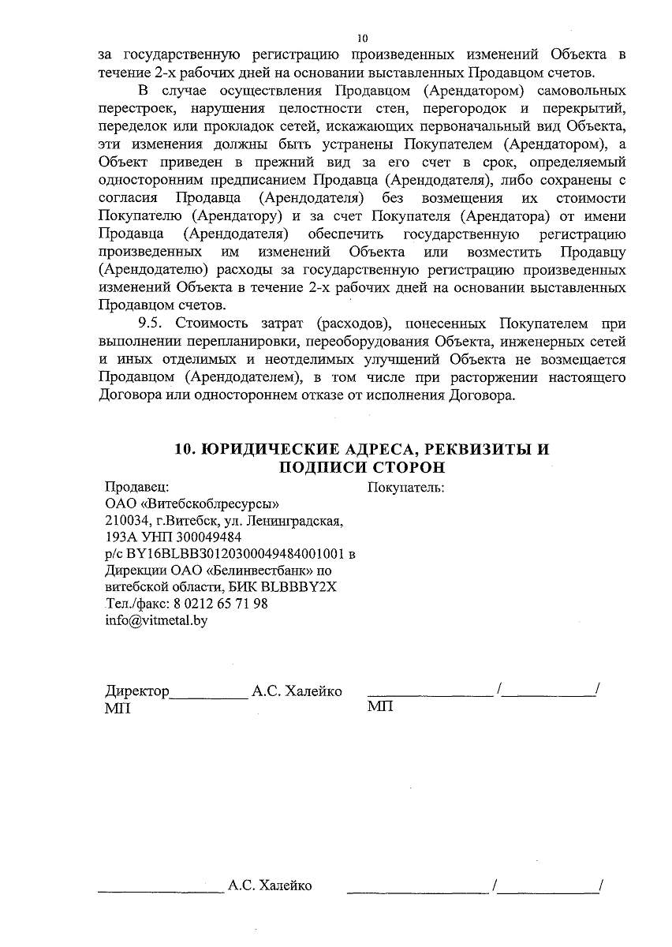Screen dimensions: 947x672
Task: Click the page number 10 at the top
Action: tap(362, 38)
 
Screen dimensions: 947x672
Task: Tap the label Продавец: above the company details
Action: tap(137, 487)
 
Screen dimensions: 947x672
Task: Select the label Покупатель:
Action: tap(406, 487)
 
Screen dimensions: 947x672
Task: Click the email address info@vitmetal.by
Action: tap(155, 620)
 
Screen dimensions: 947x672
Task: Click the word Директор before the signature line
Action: tap(137, 692)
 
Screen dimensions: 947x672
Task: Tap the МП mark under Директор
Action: tap(118, 708)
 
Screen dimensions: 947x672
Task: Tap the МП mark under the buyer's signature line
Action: tap(380, 706)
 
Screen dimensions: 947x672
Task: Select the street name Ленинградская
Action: tap(294, 521)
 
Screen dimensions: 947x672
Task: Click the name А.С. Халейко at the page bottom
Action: tap(270, 885)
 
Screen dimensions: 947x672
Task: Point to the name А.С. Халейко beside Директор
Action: tap(297, 692)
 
